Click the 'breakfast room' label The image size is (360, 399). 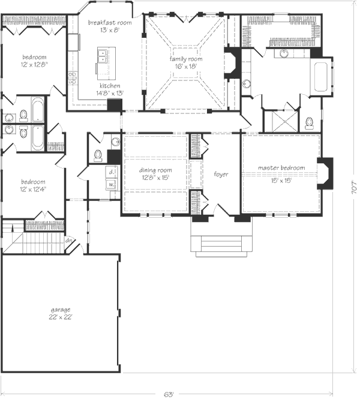pos(110,22)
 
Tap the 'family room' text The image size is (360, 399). pos(186,59)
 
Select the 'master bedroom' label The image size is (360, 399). pos(281,167)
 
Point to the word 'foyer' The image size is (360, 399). pos(221,175)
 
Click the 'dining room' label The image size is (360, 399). pos(155,170)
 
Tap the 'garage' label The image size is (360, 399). pos(61,310)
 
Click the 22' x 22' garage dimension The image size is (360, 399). pos(61,317)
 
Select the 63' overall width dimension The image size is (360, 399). pos(168,394)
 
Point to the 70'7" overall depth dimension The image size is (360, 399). pos(354,188)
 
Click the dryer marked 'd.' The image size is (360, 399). pos(112,172)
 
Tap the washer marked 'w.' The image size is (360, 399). pos(112,184)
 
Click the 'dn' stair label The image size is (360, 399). pos(68,240)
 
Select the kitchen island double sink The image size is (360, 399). pos(102,56)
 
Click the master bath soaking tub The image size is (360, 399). pos(320,77)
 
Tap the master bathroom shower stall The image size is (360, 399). pos(284,121)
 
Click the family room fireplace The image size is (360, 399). pos(233,63)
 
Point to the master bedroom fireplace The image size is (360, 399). pos(325,173)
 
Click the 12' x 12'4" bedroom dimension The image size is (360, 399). pos(34,189)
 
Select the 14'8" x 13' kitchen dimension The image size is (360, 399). pos(110,93)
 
